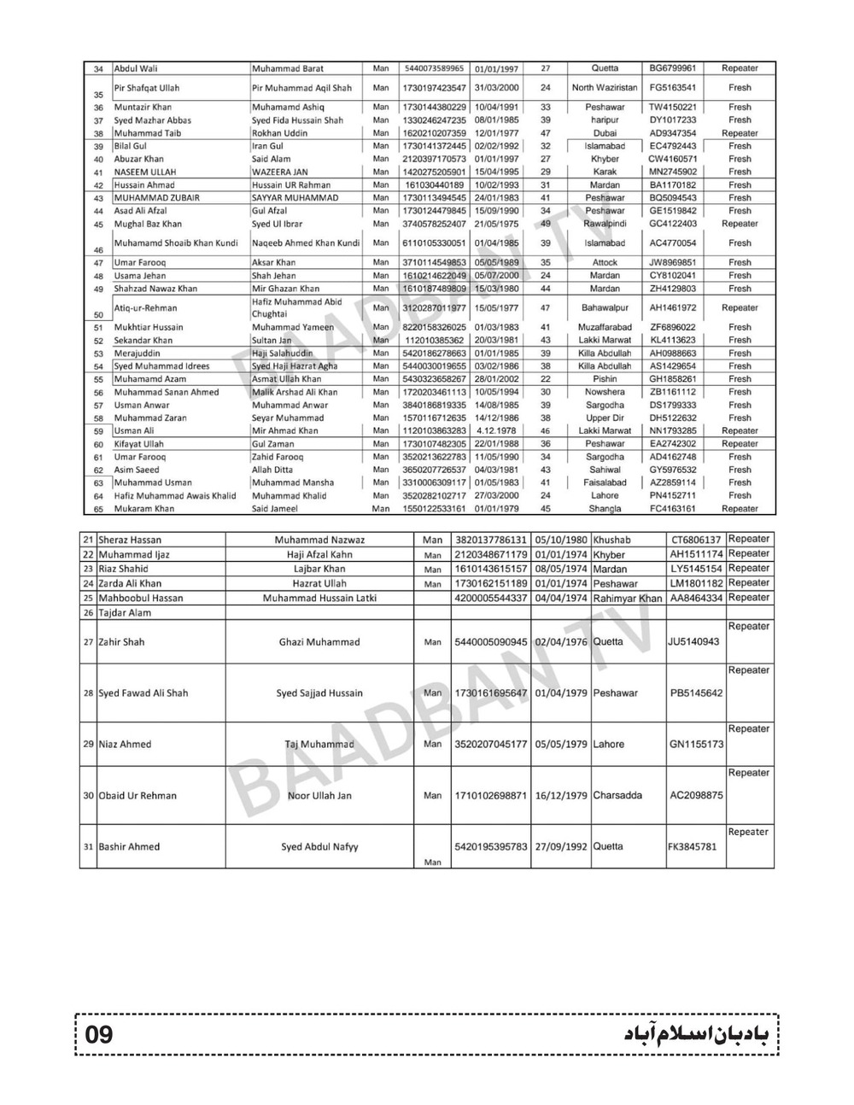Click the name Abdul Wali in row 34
pos(136,68)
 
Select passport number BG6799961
pos(673,68)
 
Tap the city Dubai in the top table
pos(605,133)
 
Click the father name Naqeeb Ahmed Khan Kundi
pos(305,243)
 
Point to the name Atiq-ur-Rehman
pos(145,307)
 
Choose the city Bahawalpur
pos(605,307)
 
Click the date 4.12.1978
pos(496,431)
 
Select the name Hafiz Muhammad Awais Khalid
pos(175,495)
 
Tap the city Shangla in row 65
pos(605,509)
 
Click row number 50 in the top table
pos(98,314)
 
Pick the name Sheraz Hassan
pos(130,540)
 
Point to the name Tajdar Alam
pos(125,613)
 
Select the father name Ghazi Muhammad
pos(319,642)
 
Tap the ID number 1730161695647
pos(491,693)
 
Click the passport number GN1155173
pos(696,745)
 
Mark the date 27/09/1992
pos(561,847)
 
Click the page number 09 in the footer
pos(99,1035)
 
